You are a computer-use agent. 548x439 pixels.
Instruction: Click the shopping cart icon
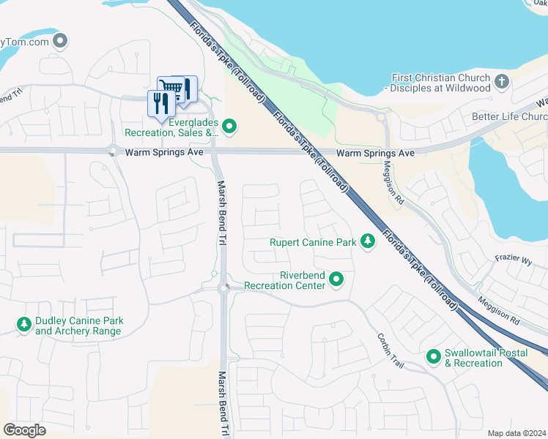click(x=170, y=87)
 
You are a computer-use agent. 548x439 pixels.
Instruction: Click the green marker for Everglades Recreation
click(x=229, y=127)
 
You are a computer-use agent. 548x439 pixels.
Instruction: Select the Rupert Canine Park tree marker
click(x=368, y=241)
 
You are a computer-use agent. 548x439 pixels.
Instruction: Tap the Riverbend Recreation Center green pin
click(x=336, y=279)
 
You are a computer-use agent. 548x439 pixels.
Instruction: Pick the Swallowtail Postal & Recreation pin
click(x=434, y=357)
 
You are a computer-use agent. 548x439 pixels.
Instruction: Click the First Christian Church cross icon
click(x=502, y=82)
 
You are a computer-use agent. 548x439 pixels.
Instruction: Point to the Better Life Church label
click(x=510, y=117)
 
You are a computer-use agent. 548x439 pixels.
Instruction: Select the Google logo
click(x=25, y=429)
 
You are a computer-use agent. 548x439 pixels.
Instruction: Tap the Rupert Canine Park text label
click(x=313, y=242)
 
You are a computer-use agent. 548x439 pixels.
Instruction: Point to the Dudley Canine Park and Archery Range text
click(x=79, y=326)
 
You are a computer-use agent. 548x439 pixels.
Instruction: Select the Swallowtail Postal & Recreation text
click(x=473, y=358)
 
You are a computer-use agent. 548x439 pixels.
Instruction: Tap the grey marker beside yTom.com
click(x=62, y=41)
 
